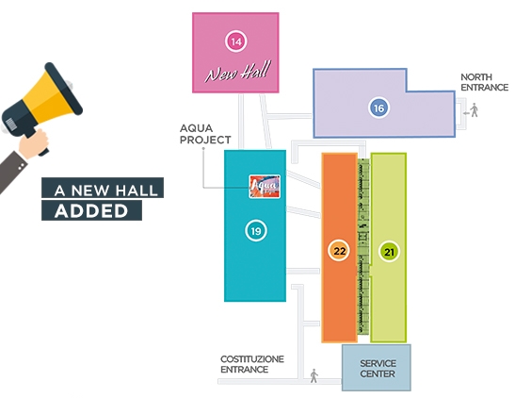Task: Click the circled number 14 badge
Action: tap(235, 41)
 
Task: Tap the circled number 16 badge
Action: tap(378, 108)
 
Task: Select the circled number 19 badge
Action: tap(256, 231)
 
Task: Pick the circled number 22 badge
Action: tap(339, 251)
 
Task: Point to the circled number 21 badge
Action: tap(389, 252)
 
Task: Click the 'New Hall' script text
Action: tap(238, 72)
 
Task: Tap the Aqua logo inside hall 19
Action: tap(265, 187)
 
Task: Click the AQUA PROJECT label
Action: tap(205, 134)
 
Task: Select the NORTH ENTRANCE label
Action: tap(484, 82)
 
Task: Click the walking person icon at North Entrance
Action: tap(475, 110)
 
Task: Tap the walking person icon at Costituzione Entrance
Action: tap(314, 375)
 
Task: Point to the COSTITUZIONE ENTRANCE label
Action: tap(252, 364)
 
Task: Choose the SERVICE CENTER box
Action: tap(377, 368)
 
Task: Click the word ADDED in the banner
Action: tap(91, 211)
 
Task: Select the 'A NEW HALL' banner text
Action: tap(106, 191)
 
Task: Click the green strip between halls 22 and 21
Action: tap(363, 247)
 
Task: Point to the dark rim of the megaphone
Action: tap(64, 89)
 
